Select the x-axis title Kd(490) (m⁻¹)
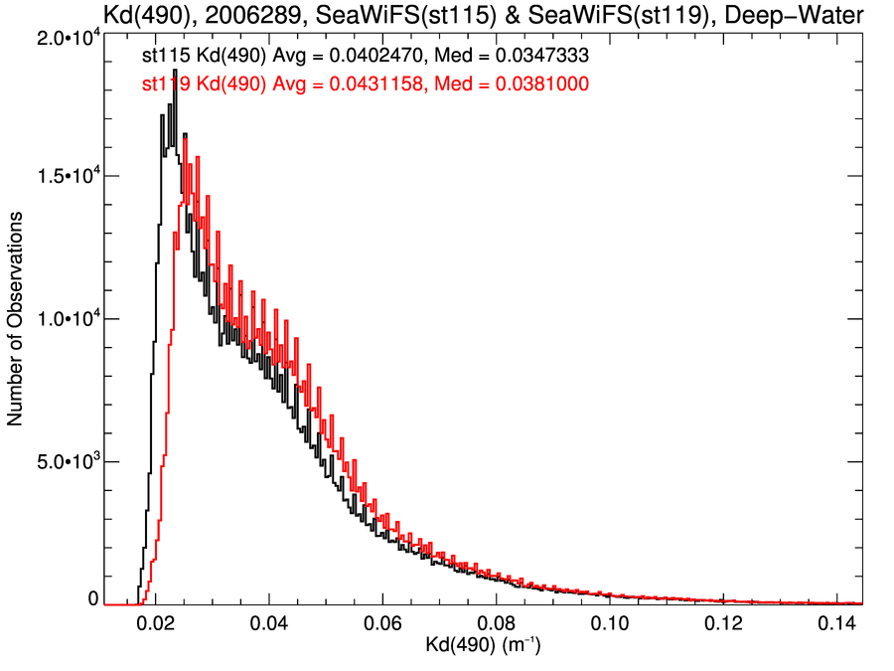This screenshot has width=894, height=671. (484, 648)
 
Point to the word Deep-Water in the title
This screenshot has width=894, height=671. (808, 14)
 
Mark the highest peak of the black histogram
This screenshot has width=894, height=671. (175, 71)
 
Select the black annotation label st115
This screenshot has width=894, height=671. (164, 60)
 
